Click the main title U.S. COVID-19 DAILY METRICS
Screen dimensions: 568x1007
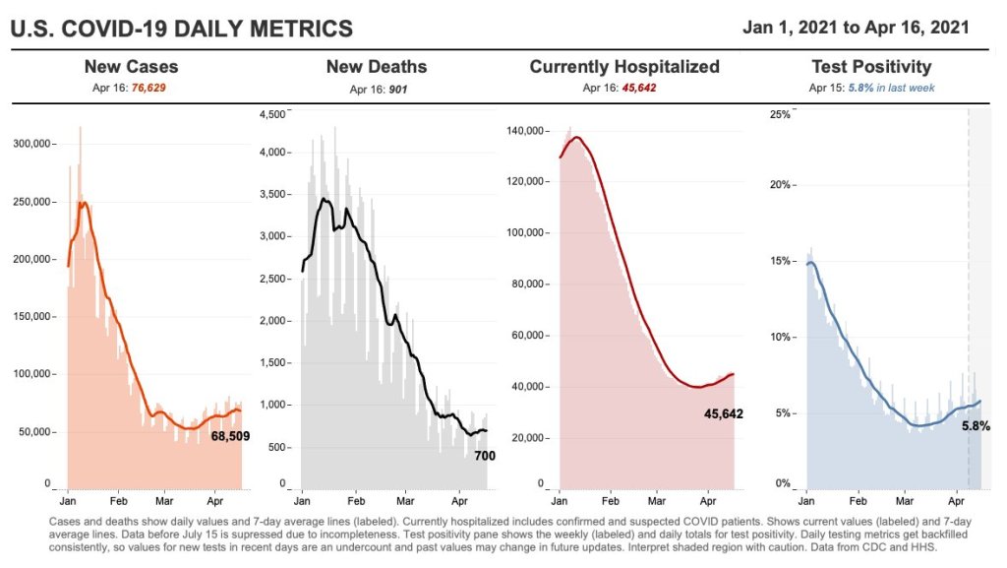pos(181,29)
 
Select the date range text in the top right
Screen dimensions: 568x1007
pos(856,27)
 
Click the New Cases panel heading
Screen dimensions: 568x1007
pos(131,67)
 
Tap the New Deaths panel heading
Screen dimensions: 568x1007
pos(377,67)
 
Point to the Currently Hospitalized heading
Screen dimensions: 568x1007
pos(624,67)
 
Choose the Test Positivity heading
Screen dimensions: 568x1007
pos(871,67)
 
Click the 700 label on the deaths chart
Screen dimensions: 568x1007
pos(485,456)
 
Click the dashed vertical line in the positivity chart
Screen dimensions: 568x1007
pos(969,295)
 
